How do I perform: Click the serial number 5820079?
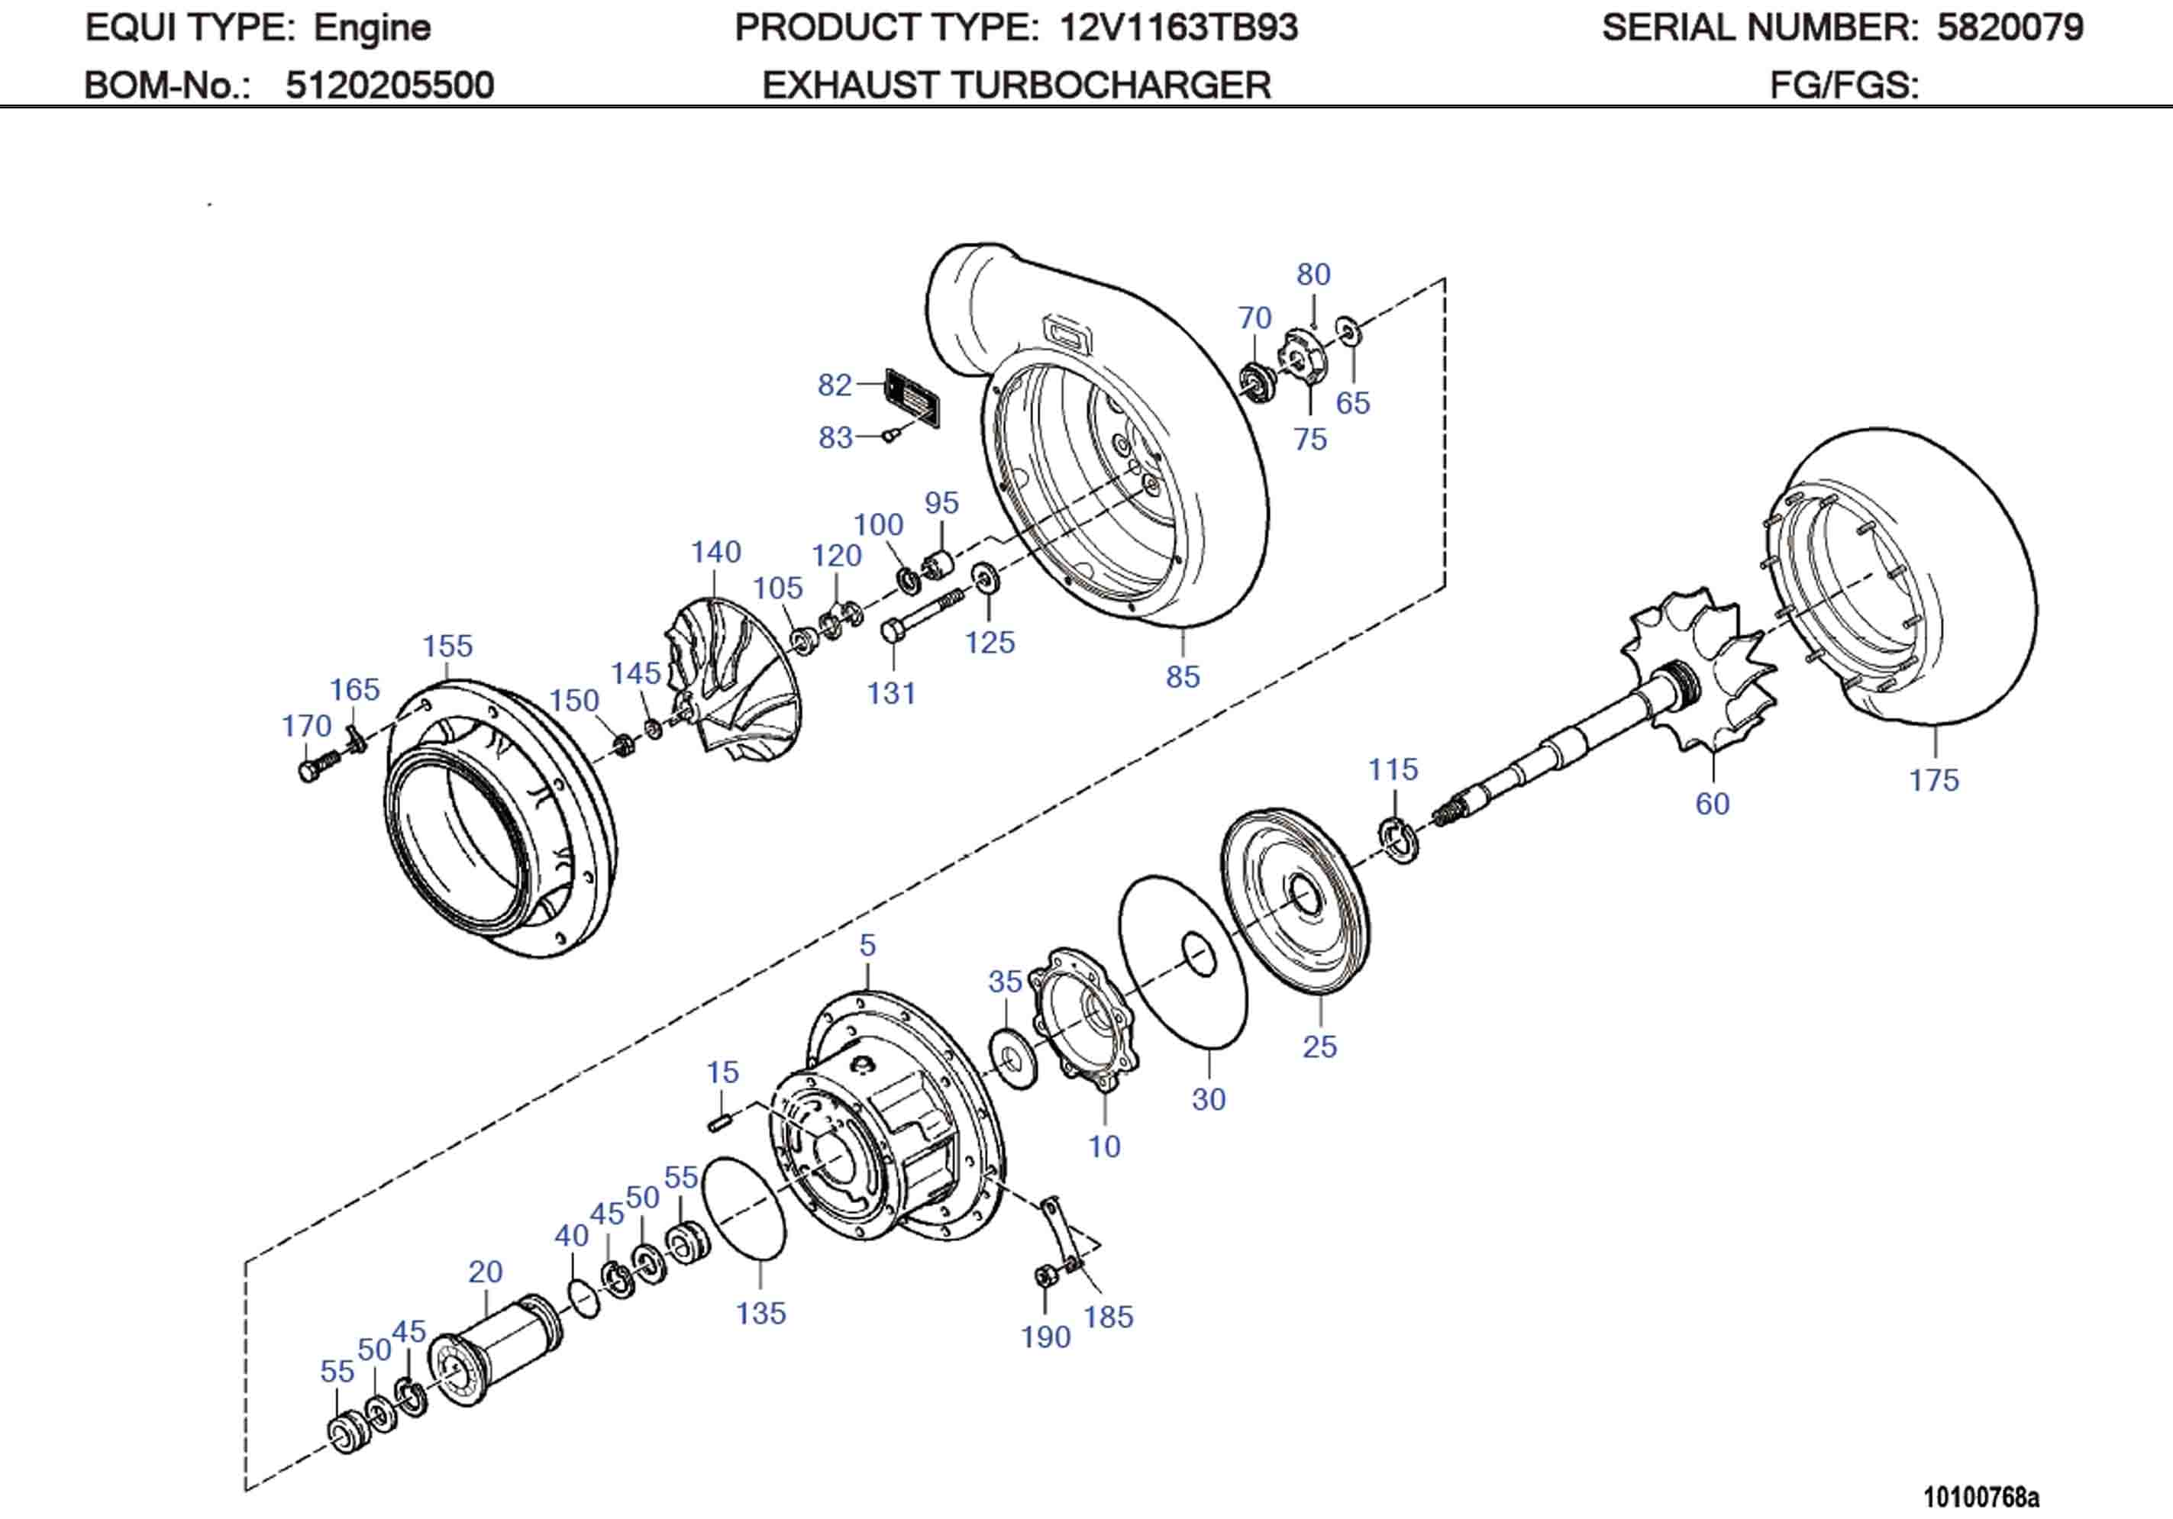2010,28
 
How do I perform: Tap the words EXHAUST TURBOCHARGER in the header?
1015,86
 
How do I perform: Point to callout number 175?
1932,781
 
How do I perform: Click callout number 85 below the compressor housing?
1182,677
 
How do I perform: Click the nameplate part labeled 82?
913,399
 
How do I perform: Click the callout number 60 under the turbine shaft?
1712,805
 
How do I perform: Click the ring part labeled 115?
1399,840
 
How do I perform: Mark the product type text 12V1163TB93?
1178,28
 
